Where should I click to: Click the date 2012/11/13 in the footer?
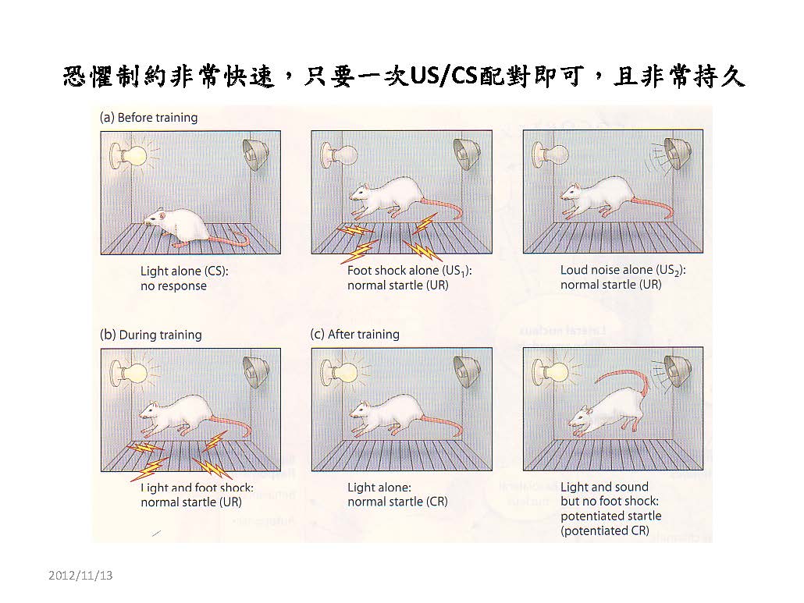click(80, 576)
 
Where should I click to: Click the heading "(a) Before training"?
click(148, 118)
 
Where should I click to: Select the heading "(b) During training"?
click(151, 335)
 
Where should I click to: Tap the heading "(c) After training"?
click(355, 335)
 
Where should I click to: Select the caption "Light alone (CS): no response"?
click(184, 278)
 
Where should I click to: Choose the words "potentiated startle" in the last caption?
click(610, 516)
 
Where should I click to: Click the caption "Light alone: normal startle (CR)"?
click(397, 495)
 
